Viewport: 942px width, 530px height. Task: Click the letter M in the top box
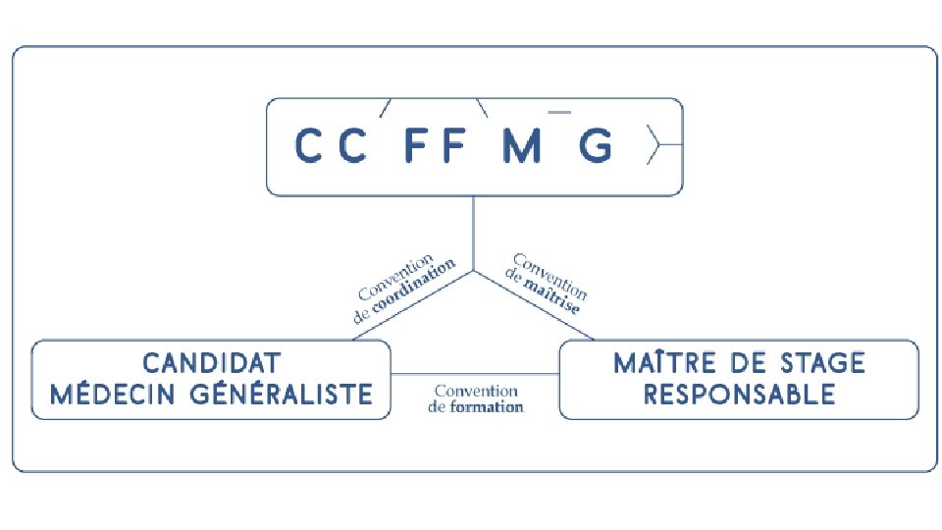tap(521, 147)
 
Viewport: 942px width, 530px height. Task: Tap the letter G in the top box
tap(596, 147)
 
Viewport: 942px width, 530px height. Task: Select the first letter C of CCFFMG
tap(309, 147)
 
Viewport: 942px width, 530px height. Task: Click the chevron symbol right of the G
tap(654, 147)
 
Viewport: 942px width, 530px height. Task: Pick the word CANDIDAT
tap(211, 363)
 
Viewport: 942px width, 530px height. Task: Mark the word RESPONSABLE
tap(739, 395)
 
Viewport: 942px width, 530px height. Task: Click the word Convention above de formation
tap(476, 391)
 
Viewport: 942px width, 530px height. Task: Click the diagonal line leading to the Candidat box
tap(412, 305)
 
